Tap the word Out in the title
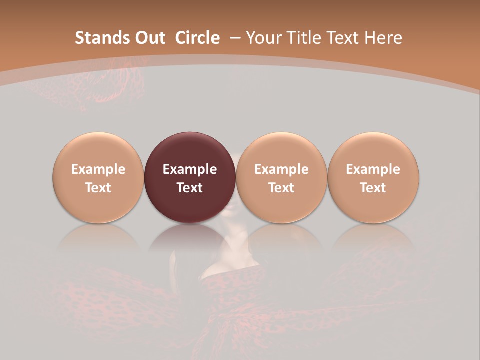click(149, 38)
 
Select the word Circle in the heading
click(197, 38)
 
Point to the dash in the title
click(235, 38)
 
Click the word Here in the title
click(383, 38)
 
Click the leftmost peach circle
click(98, 150)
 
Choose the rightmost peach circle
click(373, 150)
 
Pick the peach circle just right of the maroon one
click(281, 150)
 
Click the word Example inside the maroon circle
click(190, 169)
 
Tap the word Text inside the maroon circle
click(190, 188)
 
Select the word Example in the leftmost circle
click(98, 169)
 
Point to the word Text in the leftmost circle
click(98, 188)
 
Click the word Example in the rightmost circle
click(373, 169)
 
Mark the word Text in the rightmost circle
click(373, 188)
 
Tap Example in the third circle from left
click(281, 169)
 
